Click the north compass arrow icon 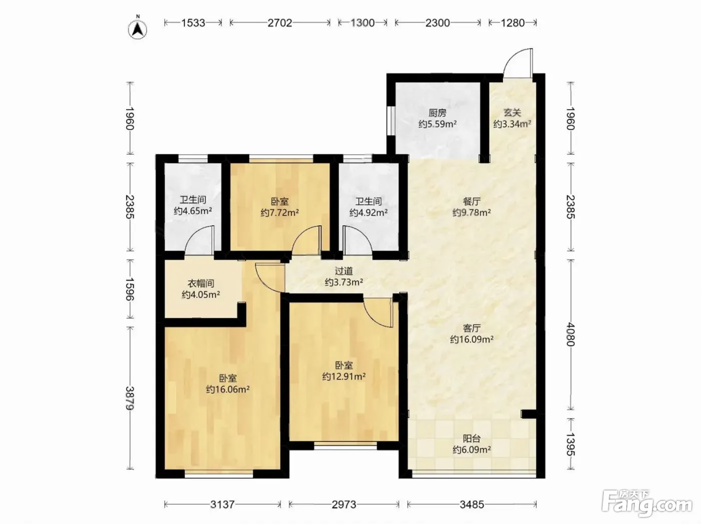pyautogui.click(x=138, y=30)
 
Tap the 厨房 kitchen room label pyautogui.click(x=437, y=113)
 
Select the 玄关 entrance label pyautogui.click(x=512, y=113)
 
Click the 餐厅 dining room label pyautogui.click(x=472, y=201)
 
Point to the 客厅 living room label pyautogui.click(x=472, y=328)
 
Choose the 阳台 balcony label pyautogui.click(x=472, y=438)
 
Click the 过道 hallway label pyautogui.click(x=344, y=271)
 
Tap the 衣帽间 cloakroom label pyautogui.click(x=201, y=283)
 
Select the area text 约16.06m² pyautogui.click(x=228, y=390)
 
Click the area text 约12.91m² pyautogui.click(x=344, y=377)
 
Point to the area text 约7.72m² pyautogui.click(x=280, y=213)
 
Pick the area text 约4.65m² pyautogui.click(x=193, y=211)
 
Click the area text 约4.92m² pyautogui.click(x=369, y=213)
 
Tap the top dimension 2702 pyautogui.click(x=280, y=23)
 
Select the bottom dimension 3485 pyautogui.click(x=472, y=504)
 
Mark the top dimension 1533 pyautogui.click(x=193, y=23)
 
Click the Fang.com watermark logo pyautogui.click(x=647, y=504)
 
